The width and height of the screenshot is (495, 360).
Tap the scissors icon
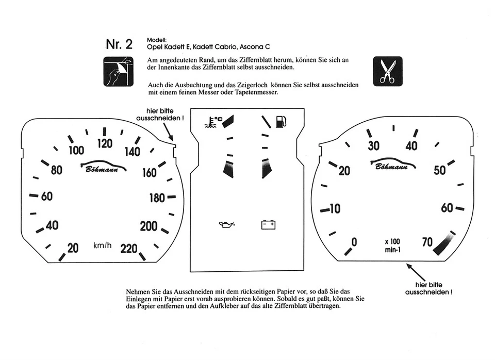[387, 71]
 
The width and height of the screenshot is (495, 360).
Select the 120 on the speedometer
[105, 143]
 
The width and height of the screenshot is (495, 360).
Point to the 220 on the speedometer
[129, 249]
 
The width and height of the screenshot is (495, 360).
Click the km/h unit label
[102, 245]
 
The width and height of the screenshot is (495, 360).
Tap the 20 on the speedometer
[73, 249]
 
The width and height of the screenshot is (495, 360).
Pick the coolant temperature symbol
[213, 122]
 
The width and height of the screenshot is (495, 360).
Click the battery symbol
[269, 224]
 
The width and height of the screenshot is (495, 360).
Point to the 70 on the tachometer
[427, 241]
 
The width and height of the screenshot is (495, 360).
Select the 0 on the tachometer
[354, 242]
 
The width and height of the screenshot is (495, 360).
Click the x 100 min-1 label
[392, 246]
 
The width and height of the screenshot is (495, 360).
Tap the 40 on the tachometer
[411, 146]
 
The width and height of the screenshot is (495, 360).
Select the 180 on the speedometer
[157, 198]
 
